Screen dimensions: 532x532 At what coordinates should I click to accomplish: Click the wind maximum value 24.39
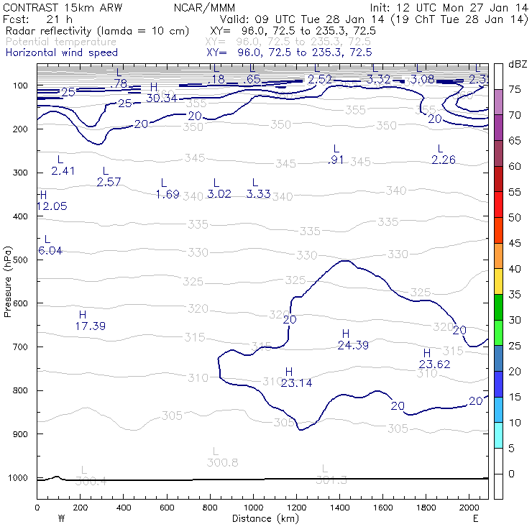(353, 345)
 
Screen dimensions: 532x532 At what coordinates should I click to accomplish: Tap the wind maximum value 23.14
(296, 383)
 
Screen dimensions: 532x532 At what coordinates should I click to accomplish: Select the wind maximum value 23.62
(434, 364)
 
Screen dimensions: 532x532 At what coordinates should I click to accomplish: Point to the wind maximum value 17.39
(90, 326)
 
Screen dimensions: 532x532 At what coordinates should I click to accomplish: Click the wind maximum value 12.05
(51, 206)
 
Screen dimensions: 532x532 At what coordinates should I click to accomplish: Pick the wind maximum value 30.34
(161, 98)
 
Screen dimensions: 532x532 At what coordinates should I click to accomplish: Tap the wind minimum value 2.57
(109, 182)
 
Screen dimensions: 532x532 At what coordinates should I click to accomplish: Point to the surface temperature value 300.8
(221, 462)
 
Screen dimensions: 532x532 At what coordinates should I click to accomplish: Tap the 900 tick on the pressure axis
(24, 434)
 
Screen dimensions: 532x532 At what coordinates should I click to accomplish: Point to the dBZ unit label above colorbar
(517, 64)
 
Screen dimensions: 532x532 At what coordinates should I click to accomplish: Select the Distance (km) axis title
(262, 518)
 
